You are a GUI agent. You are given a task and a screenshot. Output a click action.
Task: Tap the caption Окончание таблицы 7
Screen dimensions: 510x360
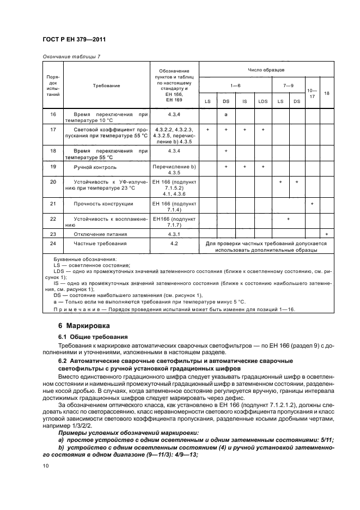point(71,56)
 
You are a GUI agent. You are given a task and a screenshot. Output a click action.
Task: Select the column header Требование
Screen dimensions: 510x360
point(106,86)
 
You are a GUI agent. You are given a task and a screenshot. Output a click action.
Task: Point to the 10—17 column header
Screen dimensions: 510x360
point(312,93)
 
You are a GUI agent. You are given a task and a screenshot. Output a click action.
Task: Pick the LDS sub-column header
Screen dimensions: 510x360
point(263,101)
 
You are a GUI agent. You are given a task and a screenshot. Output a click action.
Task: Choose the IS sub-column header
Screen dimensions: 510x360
point(245,101)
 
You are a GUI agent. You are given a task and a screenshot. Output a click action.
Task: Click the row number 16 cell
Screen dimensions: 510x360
point(53,114)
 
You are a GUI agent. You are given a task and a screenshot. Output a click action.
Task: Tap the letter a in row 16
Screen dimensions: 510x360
point(225,114)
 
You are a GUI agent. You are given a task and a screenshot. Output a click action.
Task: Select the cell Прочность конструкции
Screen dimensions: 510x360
point(103,204)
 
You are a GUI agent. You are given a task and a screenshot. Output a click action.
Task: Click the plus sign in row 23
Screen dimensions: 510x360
point(326,234)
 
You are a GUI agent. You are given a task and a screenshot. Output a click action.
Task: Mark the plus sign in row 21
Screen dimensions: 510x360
point(312,204)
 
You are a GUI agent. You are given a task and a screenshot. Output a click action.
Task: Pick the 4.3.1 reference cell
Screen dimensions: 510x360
point(174,234)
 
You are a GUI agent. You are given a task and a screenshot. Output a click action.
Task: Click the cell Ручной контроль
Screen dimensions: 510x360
point(95,167)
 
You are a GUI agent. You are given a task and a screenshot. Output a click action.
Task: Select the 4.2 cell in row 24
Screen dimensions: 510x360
point(174,244)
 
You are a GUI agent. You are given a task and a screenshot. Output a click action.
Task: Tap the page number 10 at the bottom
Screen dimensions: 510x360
point(46,465)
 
